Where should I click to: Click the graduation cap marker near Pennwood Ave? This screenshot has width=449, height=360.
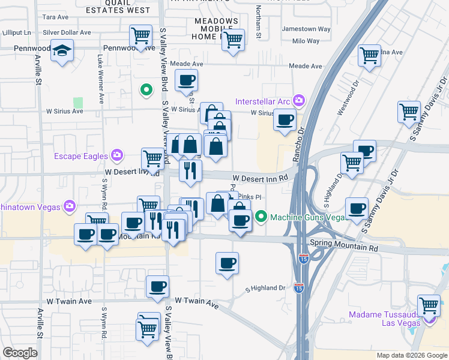pyautogui.click(x=62, y=52)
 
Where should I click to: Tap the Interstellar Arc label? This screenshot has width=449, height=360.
pyautogui.click(x=262, y=101)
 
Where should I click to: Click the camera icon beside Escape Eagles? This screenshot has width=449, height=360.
pyautogui.click(x=116, y=156)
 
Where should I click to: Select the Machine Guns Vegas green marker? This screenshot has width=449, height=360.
pyautogui.click(x=261, y=217)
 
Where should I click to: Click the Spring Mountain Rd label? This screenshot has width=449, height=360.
pyautogui.click(x=344, y=247)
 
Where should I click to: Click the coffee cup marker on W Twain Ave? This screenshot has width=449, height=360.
pyautogui.click(x=158, y=286)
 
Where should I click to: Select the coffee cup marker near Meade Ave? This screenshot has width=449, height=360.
pyautogui.click(x=186, y=79)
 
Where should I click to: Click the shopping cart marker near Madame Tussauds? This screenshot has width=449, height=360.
pyautogui.click(x=429, y=305)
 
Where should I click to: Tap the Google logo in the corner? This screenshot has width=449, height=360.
pyautogui.click(x=20, y=353)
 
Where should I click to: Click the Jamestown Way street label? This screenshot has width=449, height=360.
pyautogui.click(x=306, y=29)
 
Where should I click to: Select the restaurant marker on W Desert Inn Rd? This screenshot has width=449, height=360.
pyautogui.click(x=190, y=170)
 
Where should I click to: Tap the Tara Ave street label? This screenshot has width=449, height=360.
pyautogui.click(x=55, y=17)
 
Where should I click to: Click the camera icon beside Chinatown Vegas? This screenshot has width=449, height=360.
pyautogui.click(x=70, y=206)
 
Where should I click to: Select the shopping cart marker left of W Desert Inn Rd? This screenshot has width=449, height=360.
pyautogui.click(x=152, y=158)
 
